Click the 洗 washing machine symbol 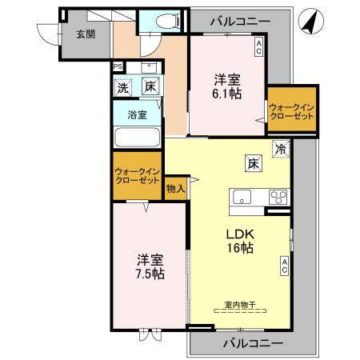(x=122, y=86)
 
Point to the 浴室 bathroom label (x=138, y=114)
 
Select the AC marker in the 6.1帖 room (x=258, y=48)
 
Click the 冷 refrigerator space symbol (x=281, y=147)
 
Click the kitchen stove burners (x=278, y=196)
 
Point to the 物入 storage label (x=175, y=189)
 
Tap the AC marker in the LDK (x=284, y=265)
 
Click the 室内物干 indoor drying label (x=239, y=304)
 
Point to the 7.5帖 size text (x=150, y=274)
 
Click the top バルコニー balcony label (x=240, y=21)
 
